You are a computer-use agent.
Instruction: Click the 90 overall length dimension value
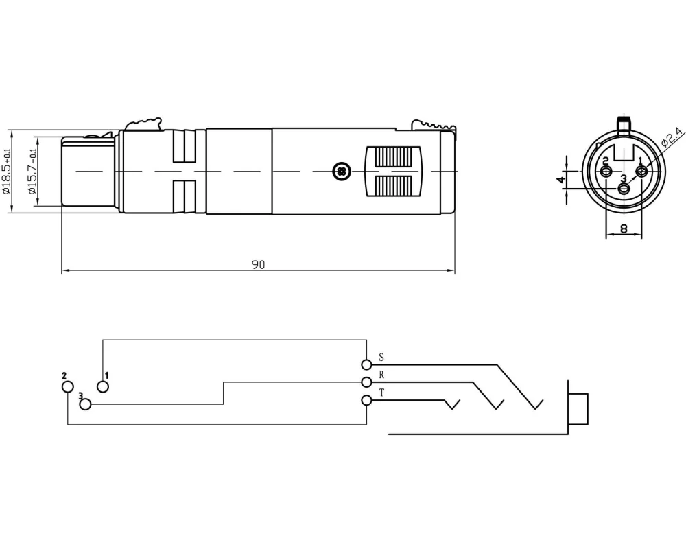coord(258,265)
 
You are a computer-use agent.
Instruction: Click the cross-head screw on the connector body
coord(341,171)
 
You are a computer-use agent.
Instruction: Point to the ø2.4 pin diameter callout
coord(671,137)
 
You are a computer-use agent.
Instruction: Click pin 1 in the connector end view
coord(641,171)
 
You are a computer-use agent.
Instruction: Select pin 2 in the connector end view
coord(606,171)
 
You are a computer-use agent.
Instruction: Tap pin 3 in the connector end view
coord(624,189)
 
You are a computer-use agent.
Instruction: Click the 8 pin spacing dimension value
coord(624,229)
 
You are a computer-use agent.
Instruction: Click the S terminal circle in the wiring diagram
coord(366,364)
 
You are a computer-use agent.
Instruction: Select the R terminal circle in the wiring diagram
coord(366,382)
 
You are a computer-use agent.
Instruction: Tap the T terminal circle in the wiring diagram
coord(366,400)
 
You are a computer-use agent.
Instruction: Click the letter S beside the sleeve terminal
coord(381,358)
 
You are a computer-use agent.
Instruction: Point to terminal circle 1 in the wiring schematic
coord(103,386)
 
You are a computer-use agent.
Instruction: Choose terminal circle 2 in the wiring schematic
coord(68,386)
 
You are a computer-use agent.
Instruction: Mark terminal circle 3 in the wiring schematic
coord(86,404)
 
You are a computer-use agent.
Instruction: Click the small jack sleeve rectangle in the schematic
coord(578,409)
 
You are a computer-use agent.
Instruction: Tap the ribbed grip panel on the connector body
coord(393,171)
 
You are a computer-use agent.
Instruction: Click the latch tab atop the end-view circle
coord(624,124)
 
